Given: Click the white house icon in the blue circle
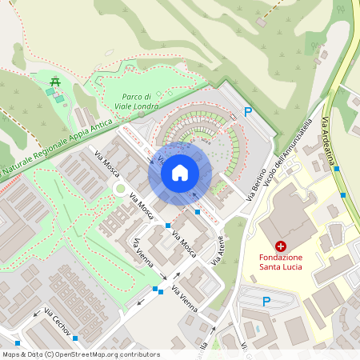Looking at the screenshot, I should tap(180, 172).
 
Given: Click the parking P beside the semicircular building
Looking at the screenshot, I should tap(248, 113).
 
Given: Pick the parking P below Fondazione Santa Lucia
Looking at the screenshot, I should tap(266, 301).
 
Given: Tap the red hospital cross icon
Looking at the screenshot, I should tap(281, 246).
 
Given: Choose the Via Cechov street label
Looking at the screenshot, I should tap(58, 322).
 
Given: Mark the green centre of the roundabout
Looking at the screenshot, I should tap(119, 189).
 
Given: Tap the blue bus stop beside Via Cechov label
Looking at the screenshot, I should tap(75, 338).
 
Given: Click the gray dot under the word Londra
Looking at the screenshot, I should tap(141, 115).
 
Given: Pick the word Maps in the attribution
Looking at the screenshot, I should tap(11, 354).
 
